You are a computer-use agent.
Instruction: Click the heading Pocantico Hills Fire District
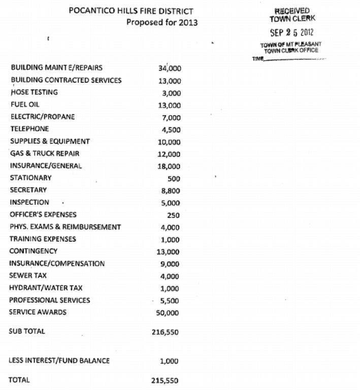click(x=131, y=11)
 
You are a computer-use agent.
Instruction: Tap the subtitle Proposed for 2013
click(x=162, y=22)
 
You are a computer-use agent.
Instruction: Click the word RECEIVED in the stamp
click(x=291, y=11)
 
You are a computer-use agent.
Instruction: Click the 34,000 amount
click(x=170, y=69)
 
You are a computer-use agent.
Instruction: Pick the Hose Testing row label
click(x=34, y=92)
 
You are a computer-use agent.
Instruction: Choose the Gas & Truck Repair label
click(x=45, y=153)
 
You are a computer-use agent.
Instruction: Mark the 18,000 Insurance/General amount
click(x=170, y=167)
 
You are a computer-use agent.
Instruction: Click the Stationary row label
click(x=30, y=178)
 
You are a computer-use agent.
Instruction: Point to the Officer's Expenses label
click(x=43, y=214)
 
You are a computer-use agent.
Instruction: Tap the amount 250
click(x=174, y=215)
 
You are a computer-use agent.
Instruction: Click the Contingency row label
click(x=33, y=251)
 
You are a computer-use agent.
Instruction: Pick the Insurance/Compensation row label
click(x=57, y=264)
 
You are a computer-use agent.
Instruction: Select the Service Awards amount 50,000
click(x=169, y=313)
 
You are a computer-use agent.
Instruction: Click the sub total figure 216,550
click(x=166, y=332)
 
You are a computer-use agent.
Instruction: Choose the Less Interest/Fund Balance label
click(x=59, y=361)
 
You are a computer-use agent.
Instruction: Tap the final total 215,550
click(x=166, y=380)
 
